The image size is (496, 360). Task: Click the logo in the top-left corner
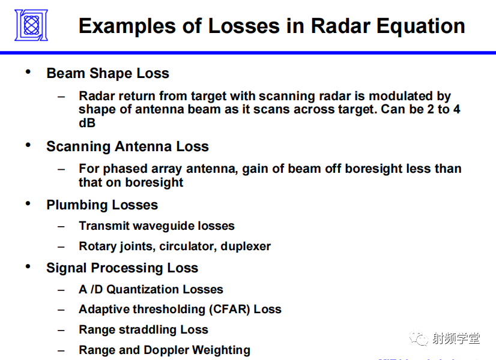31,25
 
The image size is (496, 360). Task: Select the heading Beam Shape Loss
108,73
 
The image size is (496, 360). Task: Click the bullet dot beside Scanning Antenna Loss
28,145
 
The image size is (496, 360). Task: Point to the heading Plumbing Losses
102,205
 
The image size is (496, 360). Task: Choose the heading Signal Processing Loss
122,268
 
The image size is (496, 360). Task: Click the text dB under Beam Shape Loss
87,123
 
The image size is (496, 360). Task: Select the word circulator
188,246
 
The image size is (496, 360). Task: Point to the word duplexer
246,246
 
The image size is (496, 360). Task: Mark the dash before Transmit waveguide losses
61,226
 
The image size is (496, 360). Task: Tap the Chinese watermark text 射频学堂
456,339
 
